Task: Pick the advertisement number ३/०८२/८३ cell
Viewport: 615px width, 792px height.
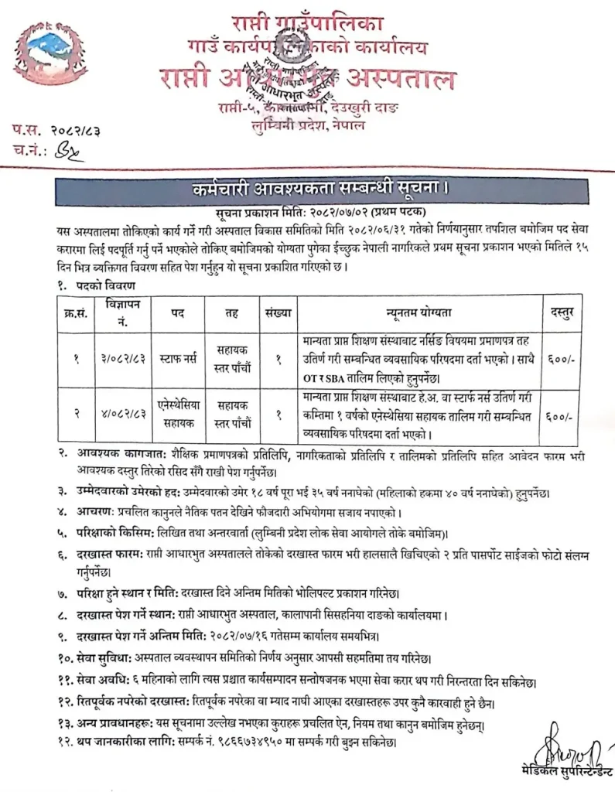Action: click(x=118, y=360)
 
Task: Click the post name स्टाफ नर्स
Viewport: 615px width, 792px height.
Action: click(x=175, y=360)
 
